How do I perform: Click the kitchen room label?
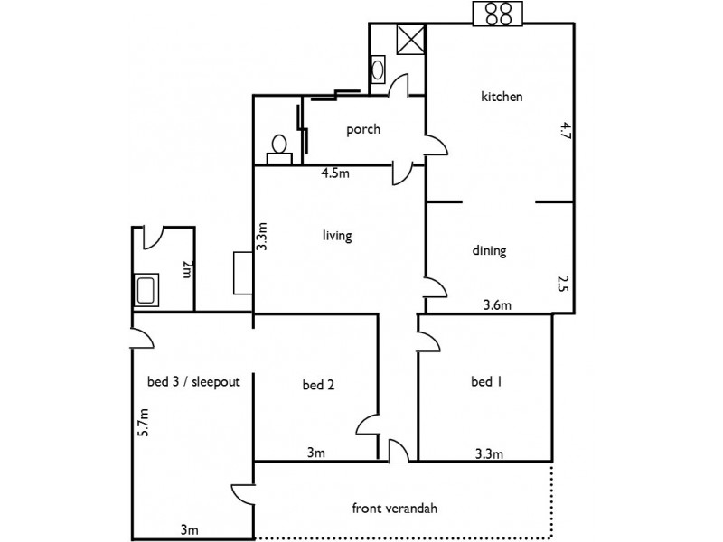pos(502,97)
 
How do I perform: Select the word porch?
pos(363,129)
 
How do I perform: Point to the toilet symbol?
pos(279,147)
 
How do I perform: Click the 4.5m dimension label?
pos(335,174)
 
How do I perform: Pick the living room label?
pos(336,236)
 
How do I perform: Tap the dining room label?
pos(489,251)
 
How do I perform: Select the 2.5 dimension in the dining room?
pos(561,286)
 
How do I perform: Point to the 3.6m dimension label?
pos(498,305)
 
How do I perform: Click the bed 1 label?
pos(486,382)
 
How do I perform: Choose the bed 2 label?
pos(318,386)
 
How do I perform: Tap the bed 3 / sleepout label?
pos(192,381)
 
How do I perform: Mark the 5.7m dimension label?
pos(142,423)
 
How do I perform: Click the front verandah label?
pos(394,508)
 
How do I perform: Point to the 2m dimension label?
pos(187,270)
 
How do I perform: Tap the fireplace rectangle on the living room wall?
pos(242,272)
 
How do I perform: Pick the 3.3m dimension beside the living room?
pos(263,237)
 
